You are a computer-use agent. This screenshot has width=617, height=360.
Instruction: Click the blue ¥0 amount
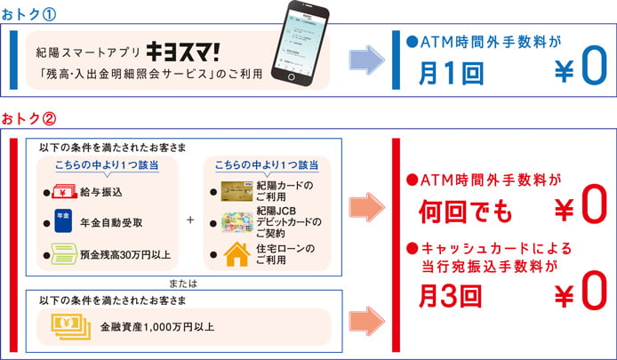click(x=580, y=72)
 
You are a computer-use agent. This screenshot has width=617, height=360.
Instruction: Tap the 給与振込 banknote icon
click(x=64, y=190)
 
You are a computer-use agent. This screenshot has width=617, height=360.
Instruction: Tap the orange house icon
click(x=235, y=255)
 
